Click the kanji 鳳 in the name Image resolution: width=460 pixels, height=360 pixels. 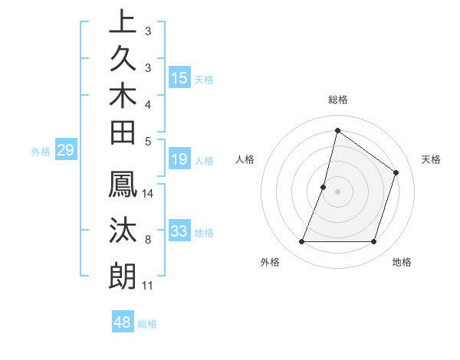click(123, 185)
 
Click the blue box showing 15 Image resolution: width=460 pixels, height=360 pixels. click(179, 78)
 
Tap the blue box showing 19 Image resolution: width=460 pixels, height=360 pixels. click(179, 160)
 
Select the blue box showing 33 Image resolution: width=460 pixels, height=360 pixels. click(179, 231)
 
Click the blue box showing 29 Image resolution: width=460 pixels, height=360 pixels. click(65, 150)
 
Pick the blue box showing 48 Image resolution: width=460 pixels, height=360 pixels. click(123, 322)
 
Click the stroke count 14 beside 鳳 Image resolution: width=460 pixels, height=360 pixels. click(148, 194)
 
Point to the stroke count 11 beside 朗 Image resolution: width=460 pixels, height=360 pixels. click(148, 286)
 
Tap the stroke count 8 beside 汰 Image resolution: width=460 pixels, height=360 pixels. click(148, 241)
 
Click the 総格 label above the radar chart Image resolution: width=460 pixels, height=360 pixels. click(337, 100)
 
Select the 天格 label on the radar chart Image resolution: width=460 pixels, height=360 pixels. click(431, 159)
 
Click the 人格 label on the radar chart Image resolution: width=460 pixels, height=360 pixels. click(245, 159)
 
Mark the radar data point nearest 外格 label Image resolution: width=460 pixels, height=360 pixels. click(301, 242)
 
